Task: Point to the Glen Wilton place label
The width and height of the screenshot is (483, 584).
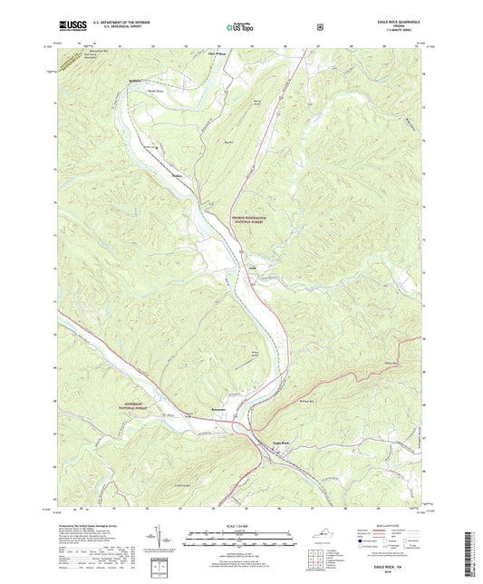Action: pyautogui.click(x=217, y=53)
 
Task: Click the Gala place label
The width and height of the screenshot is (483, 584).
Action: pyautogui.click(x=253, y=268)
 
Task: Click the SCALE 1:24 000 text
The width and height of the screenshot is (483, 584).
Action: pyautogui.click(x=241, y=525)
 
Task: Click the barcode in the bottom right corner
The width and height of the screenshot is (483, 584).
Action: pyautogui.click(x=471, y=553)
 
